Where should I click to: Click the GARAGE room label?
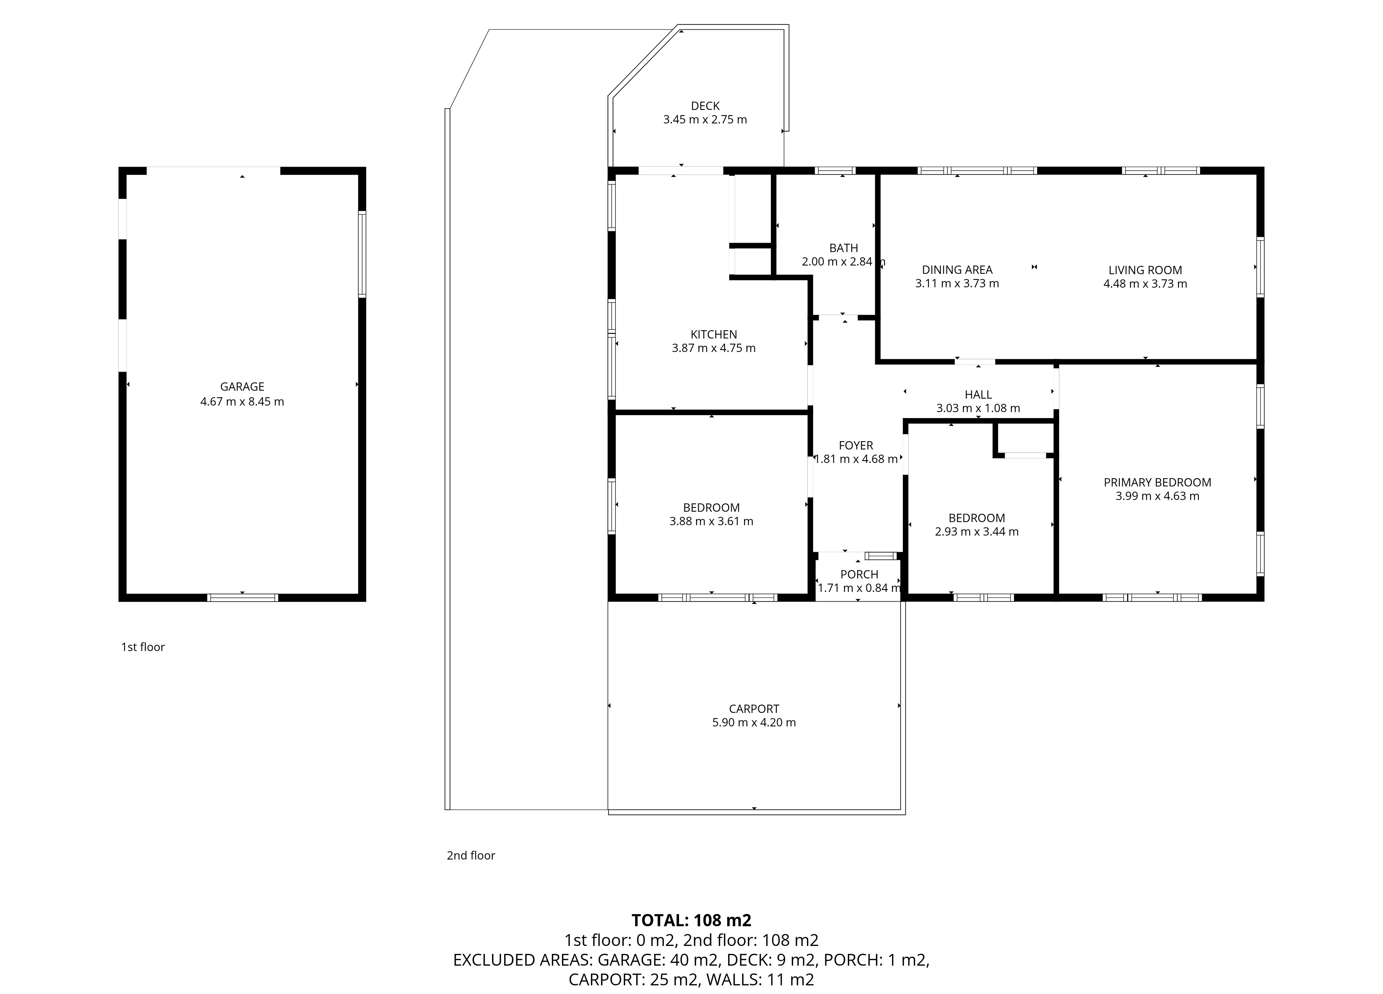click(242, 387)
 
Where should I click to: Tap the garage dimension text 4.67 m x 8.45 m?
click(242, 401)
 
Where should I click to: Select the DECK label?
click(705, 106)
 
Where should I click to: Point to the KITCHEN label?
click(713, 334)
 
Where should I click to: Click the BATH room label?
click(843, 248)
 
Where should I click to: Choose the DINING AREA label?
click(957, 270)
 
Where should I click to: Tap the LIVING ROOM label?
click(1144, 270)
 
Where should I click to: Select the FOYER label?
click(855, 445)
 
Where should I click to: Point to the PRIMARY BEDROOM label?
click(1157, 482)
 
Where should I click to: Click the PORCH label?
click(858, 575)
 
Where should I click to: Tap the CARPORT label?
click(754, 709)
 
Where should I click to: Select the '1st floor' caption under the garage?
click(143, 647)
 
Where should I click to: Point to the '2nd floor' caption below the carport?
click(471, 856)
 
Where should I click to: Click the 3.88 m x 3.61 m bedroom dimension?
click(711, 521)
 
